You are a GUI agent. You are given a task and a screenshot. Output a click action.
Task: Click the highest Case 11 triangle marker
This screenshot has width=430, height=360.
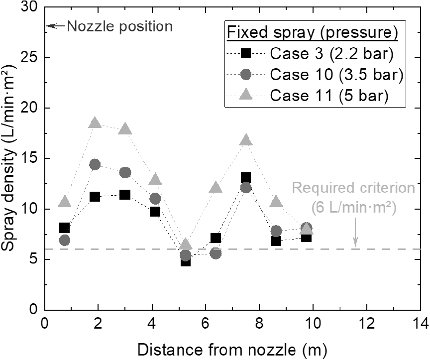pyautogui.click(x=95, y=122)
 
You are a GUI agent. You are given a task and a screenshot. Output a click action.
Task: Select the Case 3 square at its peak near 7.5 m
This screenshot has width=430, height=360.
pyautogui.click(x=246, y=178)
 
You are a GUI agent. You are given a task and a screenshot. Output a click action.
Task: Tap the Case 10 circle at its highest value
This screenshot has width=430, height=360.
pyautogui.click(x=95, y=164)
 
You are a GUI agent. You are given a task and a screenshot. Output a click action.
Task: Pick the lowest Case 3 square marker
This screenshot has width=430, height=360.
pyautogui.click(x=186, y=262)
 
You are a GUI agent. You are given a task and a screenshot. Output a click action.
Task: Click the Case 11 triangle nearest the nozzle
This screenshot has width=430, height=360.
pyautogui.click(x=65, y=202)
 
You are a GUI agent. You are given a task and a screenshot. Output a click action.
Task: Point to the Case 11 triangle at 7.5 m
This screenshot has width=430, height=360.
pyautogui.click(x=246, y=140)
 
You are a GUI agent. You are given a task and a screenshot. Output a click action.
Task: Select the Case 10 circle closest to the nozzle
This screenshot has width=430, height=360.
pyautogui.click(x=64, y=240)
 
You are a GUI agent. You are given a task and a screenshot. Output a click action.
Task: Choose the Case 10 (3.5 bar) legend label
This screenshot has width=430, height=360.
pyautogui.click(x=337, y=74)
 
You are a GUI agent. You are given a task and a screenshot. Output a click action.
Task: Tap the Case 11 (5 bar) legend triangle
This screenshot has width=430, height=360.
pyautogui.click(x=246, y=94)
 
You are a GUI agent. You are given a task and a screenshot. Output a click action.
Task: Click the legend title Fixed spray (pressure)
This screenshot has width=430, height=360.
pyautogui.click(x=313, y=33)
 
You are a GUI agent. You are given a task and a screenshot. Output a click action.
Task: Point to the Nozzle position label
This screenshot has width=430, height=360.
pyautogui.click(x=120, y=26)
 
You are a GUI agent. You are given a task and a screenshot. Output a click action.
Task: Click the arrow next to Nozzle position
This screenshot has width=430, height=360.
pyautogui.click(x=56, y=26)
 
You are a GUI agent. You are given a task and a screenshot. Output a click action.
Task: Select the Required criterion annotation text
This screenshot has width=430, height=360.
pyautogui.click(x=354, y=198)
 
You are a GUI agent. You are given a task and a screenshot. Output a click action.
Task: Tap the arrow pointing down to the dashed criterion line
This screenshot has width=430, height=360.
pyautogui.click(x=355, y=232)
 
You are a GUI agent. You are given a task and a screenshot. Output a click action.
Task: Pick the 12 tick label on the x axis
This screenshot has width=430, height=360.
pyautogui.click(x=367, y=324)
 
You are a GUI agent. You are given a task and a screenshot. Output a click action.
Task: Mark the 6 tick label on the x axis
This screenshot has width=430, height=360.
pyautogui.click(x=206, y=324)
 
